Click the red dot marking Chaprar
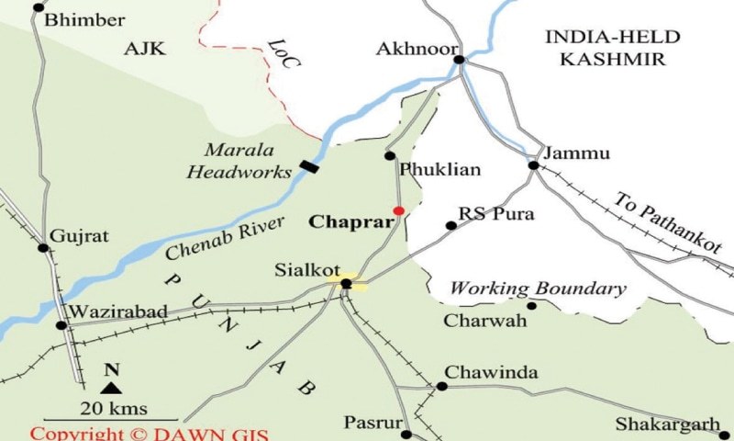coord(398,210)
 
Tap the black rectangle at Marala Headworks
coord(311,167)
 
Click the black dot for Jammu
coord(533,165)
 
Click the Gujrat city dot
coord(42,247)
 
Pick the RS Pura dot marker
coord(450,225)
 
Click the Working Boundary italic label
coord(538,288)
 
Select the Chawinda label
coord(492,372)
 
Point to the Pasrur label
coord(373,423)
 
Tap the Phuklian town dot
coord(390,155)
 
